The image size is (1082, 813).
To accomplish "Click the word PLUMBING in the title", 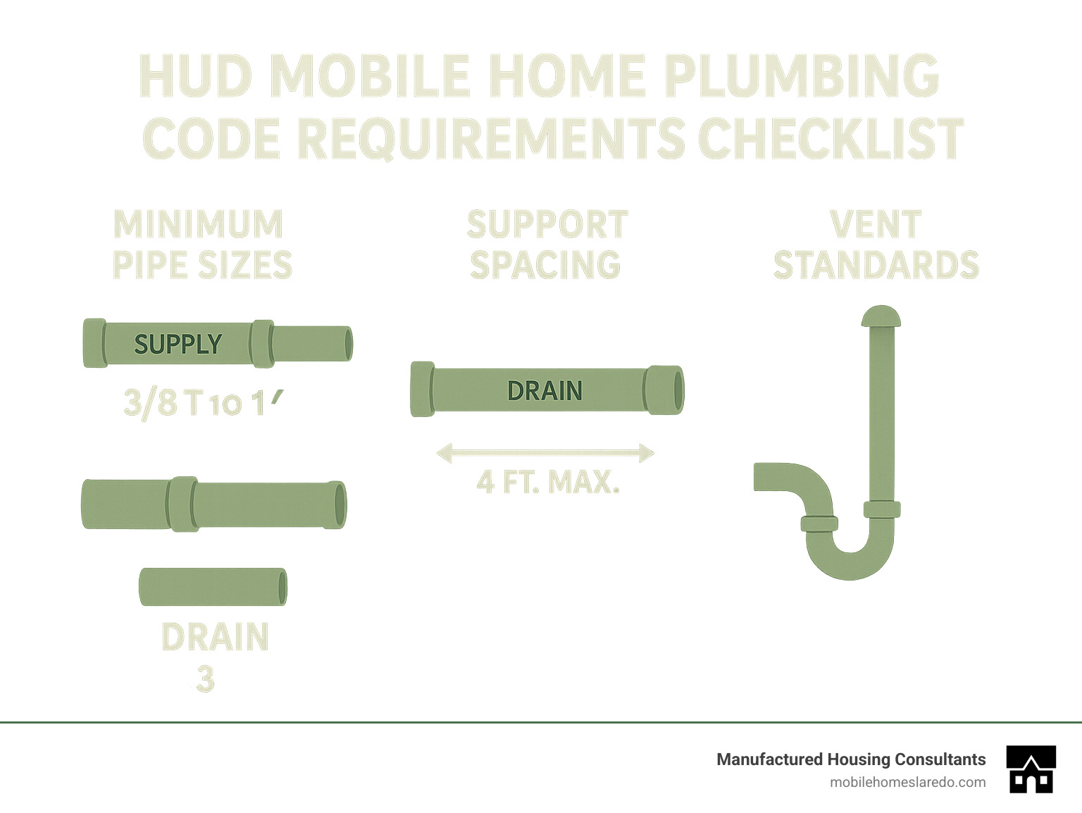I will pos(801,76).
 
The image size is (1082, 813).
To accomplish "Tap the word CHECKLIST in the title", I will pos(831,138).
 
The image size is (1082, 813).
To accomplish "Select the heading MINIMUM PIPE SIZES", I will pos(201,244).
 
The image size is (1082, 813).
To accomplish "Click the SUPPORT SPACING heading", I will pos(547,244).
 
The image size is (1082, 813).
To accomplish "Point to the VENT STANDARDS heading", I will pos(876,244).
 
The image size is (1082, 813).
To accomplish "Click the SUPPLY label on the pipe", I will pos(178,344).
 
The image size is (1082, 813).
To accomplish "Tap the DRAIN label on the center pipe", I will pos(545,391).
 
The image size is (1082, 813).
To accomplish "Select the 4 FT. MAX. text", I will pos(548,483).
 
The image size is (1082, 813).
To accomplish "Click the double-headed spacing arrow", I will pos(545,453).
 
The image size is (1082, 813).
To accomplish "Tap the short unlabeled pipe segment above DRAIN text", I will pos(213,587).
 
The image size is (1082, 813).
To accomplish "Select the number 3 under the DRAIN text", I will pos(205,678).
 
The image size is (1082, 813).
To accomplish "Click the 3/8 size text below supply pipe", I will pos(149,404).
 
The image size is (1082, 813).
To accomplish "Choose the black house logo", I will pos(1031,769).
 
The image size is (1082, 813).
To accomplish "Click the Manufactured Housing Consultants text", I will pos(851,759).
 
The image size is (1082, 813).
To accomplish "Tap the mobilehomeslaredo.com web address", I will pos(907,782).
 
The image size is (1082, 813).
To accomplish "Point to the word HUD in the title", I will pos(196,76).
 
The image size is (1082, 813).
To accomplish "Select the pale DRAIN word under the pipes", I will pos(215,637).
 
